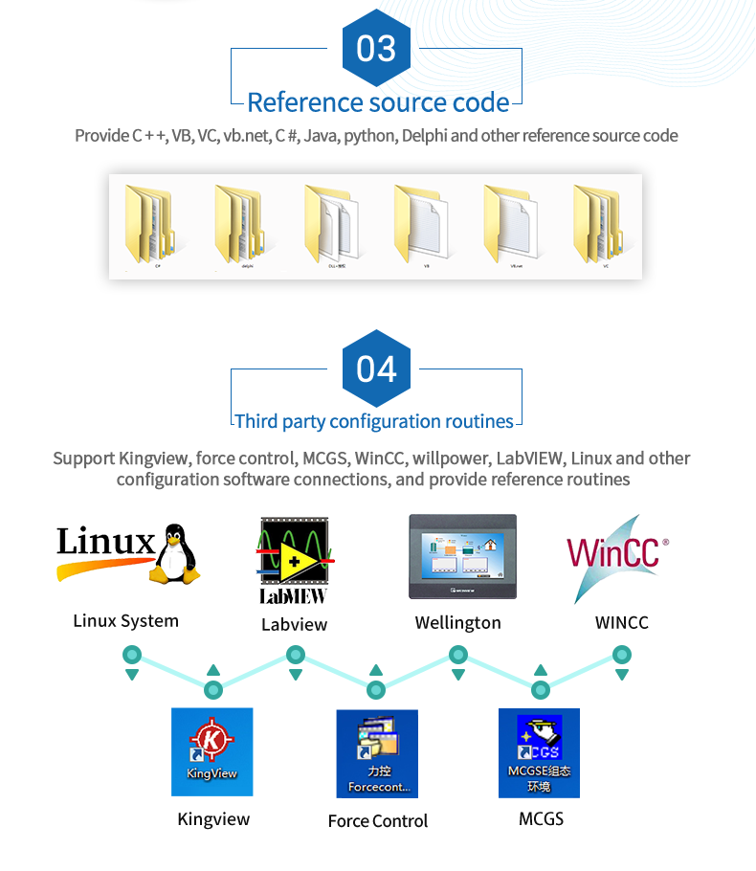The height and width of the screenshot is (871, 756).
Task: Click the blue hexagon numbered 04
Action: (x=376, y=368)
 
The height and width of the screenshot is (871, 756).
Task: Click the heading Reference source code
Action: (x=378, y=101)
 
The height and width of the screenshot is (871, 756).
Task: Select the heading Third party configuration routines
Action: (x=374, y=421)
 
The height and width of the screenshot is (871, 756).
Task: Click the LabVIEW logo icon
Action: (x=294, y=560)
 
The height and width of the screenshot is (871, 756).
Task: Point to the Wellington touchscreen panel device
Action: (x=462, y=556)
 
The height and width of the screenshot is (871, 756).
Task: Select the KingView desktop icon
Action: (x=211, y=751)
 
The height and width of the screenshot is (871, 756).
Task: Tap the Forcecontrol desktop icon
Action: (x=377, y=753)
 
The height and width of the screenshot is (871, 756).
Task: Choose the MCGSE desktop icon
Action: (x=539, y=753)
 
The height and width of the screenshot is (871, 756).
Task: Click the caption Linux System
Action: (x=125, y=621)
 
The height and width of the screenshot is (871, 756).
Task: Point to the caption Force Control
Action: (x=377, y=820)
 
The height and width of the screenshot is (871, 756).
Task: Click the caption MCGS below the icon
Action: (x=541, y=818)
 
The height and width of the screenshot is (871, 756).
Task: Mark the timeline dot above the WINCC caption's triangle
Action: (x=622, y=655)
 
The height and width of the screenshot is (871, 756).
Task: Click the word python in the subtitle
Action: (x=369, y=136)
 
